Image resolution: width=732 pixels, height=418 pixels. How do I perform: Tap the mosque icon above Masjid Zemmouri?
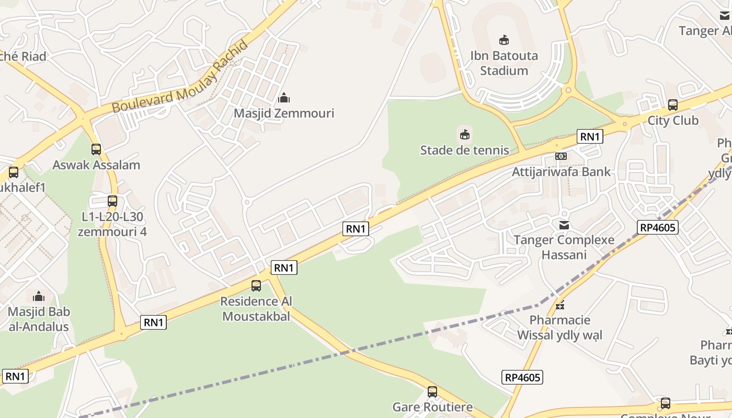[x=284, y=98]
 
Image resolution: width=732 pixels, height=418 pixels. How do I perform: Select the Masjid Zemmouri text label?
[x=284, y=113]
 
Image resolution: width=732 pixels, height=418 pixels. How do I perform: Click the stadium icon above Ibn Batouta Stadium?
[x=504, y=40]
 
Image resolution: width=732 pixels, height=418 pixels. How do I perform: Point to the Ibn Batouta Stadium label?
[x=504, y=63]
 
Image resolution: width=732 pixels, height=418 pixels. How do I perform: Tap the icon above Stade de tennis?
[x=464, y=135]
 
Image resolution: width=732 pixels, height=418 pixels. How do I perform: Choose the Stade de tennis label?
[x=464, y=150]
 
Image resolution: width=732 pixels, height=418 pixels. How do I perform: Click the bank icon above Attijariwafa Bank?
[x=561, y=156]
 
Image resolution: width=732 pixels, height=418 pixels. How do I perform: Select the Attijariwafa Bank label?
[x=561, y=172]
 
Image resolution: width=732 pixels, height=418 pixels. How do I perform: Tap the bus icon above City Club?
[x=673, y=104]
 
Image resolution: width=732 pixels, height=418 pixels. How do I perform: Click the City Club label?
[x=673, y=121]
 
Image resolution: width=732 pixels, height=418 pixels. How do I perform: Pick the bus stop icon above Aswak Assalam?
[x=96, y=149]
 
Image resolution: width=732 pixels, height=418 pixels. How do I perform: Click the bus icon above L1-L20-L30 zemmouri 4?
[x=112, y=201]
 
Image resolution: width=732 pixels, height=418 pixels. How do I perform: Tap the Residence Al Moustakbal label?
[x=256, y=309]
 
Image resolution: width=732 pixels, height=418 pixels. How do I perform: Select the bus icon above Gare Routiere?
[x=432, y=391]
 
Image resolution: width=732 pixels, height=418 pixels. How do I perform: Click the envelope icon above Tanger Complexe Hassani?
[x=564, y=225]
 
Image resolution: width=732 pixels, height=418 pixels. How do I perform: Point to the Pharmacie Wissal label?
[x=560, y=328]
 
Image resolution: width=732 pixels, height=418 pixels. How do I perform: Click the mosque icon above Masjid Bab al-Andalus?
[x=39, y=297]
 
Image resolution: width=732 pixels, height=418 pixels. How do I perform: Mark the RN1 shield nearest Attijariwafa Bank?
[x=590, y=137]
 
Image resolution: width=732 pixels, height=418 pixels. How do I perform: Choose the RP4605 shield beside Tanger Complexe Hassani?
[x=658, y=227]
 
